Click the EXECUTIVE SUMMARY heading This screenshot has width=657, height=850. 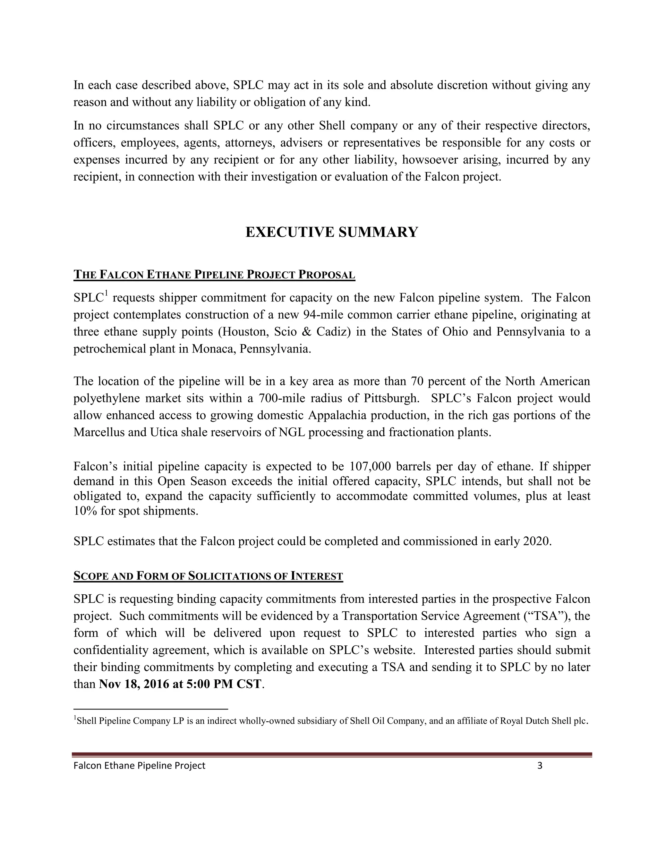point(332,232)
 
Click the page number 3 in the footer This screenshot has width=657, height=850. point(540,766)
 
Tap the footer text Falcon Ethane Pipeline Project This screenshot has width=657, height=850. point(139,766)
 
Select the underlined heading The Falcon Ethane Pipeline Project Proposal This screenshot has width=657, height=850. point(214,275)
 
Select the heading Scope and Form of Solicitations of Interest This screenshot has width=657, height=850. point(208,576)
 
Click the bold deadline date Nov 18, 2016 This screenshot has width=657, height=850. point(133,684)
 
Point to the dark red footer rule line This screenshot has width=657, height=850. point(332,755)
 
